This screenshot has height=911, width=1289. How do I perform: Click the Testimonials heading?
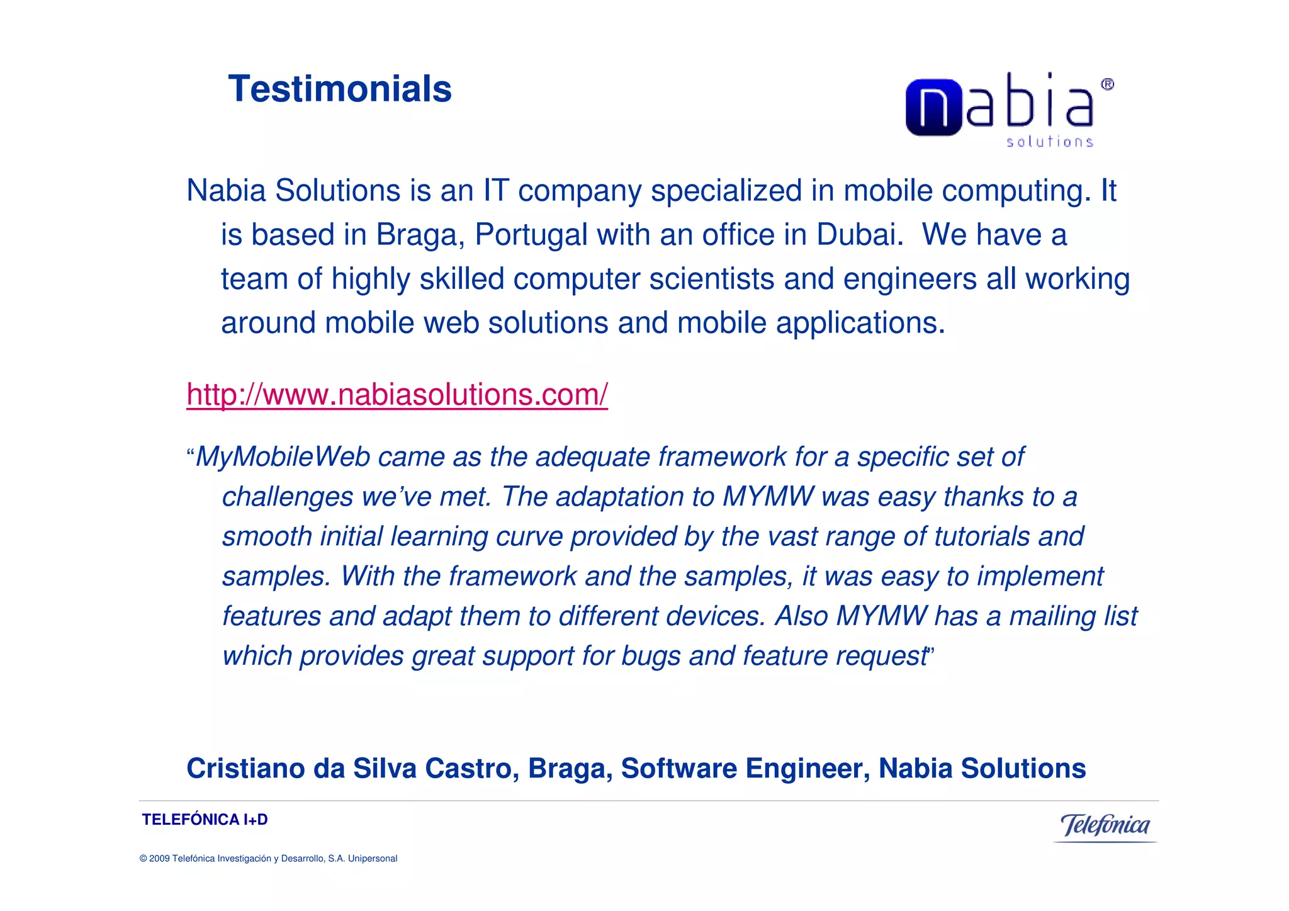coord(340,89)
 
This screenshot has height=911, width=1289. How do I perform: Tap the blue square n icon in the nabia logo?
coord(933,107)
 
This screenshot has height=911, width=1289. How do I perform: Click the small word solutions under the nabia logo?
coord(1049,142)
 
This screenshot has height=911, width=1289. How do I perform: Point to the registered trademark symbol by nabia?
coord(1107,84)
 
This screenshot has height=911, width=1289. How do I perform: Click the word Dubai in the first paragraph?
coord(860,235)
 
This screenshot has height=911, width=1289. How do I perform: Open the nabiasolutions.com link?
coord(397,395)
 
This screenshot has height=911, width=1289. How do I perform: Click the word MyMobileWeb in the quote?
coord(283,457)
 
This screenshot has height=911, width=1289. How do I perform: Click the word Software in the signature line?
coord(678,769)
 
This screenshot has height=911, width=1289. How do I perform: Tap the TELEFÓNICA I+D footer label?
coord(205,820)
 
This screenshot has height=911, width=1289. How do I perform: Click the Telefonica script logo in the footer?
coord(1105,825)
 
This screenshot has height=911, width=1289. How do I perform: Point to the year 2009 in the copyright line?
coord(159,859)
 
